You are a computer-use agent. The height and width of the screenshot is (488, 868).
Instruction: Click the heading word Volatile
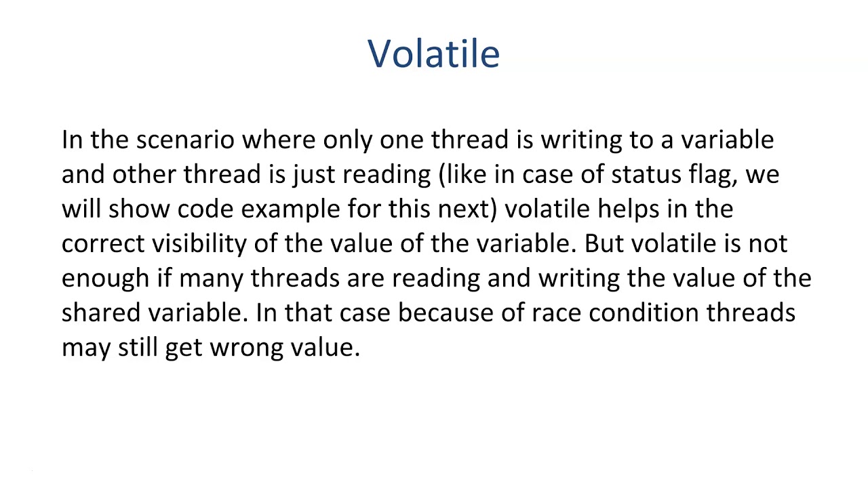pos(433,54)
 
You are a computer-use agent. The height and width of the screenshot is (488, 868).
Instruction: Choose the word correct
pos(102,244)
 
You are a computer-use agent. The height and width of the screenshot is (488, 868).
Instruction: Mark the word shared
pos(101,313)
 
